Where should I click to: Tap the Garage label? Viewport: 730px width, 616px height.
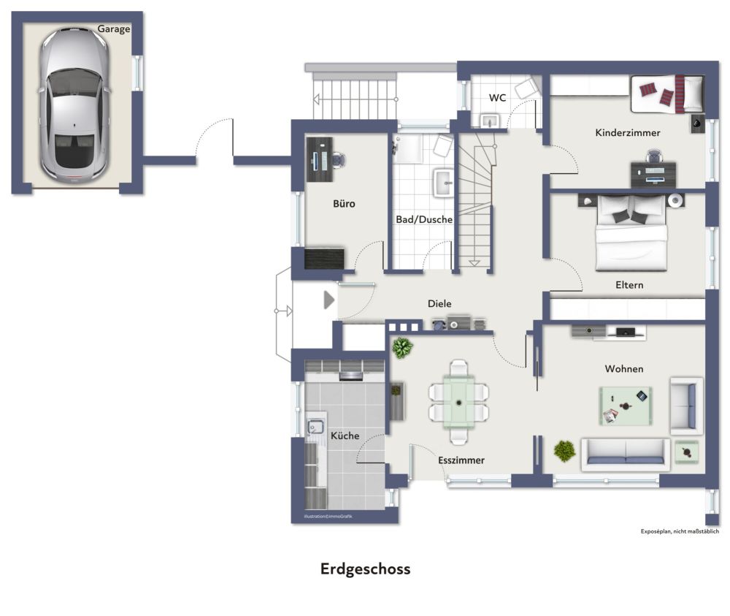tap(114, 29)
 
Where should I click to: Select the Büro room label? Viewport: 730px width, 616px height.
tap(344, 204)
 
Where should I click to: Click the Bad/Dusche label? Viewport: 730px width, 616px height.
tap(424, 219)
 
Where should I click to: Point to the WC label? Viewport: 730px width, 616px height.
tap(498, 98)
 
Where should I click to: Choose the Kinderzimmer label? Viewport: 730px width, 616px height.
tap(628, 133)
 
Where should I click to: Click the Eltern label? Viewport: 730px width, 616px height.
tap(629, 285)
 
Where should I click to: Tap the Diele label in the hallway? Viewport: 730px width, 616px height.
tap(439, 303)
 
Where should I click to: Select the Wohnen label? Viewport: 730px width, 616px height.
tap(624, 369)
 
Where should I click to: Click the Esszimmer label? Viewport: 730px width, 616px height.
tap(461, 460)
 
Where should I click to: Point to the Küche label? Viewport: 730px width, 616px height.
tap(345, 436)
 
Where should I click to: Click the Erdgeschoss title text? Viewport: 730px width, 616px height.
tap(365, 569)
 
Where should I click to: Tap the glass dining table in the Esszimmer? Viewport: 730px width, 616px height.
tap(458, 402)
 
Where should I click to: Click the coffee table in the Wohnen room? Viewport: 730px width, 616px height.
tap(626, 406)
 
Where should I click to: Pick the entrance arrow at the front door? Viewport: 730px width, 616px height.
tap(328, 300)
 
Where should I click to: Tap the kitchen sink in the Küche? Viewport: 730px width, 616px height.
tap(315, 427)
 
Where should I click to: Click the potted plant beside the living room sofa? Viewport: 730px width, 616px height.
tap(564, 451)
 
